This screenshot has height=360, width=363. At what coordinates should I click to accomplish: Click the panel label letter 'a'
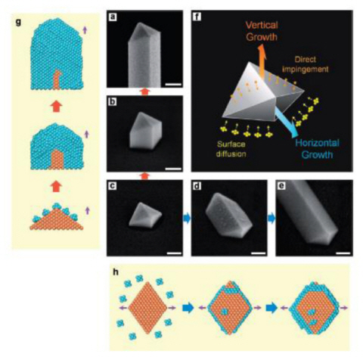click(112, 17)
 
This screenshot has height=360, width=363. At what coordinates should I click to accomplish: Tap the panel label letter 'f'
click(197, 17)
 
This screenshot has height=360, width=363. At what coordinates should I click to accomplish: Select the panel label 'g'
click(18, 22)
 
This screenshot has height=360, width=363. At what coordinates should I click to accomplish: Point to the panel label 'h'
click(116, 272)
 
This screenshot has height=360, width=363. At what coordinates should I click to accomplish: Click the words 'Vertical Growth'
click(262, 31)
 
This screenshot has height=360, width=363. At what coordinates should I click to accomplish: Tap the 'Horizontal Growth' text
click(317, 149)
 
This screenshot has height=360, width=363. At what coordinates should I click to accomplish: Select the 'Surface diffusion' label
click(231, 149)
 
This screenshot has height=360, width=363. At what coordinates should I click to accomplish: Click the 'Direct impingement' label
click(306, 64)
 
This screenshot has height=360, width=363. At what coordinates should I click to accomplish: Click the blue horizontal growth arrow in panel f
click(287, 122)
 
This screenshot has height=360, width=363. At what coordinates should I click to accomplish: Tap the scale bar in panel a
click(173, 84)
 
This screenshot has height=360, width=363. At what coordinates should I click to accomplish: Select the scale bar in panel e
click(343, 253)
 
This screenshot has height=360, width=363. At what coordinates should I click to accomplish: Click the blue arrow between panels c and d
click(187, 219)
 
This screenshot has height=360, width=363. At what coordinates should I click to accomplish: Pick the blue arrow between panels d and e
click(271, 219)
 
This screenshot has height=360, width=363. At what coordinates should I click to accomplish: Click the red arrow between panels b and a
click(144, 92)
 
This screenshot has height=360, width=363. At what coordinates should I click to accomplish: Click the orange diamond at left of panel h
click(147, 308)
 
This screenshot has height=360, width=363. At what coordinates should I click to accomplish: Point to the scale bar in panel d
click(259, 253)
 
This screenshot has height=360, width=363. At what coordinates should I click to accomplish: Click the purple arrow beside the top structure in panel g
click(85, 30)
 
